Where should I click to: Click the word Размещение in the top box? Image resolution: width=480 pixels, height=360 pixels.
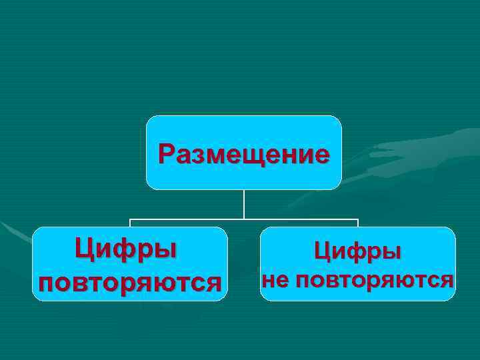pyautogui.click(x=243, y=155)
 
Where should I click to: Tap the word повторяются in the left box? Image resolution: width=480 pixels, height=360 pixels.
pyautogui.click(x=130, y=282)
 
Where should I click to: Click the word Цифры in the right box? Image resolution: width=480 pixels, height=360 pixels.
pyautogui.click(x=358, y=251)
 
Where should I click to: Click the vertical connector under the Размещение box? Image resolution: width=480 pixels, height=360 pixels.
pyautogui.click(x=244, y=204)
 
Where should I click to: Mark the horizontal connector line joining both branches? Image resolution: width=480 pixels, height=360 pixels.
pyautogui.click(x=187, y=219)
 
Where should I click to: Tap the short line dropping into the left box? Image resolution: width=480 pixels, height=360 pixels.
pyautogui.click(x=129, y=223)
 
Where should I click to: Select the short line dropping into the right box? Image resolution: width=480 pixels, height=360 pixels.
pyautogui.click(x=358, y=223)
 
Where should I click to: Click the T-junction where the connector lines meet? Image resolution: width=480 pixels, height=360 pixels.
pyautogui.click(x=244, y=219)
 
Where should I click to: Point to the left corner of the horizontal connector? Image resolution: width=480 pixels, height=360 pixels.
pyautogui.click(x=129, y=219)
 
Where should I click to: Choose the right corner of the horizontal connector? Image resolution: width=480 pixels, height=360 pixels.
pyautogui.click(x=358, y=219)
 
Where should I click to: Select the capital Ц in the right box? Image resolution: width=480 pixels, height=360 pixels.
pyautogui.click(x=322, y=251)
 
